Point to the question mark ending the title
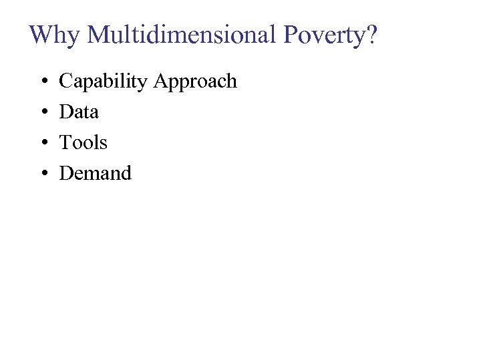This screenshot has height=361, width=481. coord(371,35)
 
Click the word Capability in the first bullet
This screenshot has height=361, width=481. coord(104,82)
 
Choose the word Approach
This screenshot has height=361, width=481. coord(195,82)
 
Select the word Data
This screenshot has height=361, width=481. coord(79,112)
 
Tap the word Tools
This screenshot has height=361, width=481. coord(84,142)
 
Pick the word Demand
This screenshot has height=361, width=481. coord(96,173)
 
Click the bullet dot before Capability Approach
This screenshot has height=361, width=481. coord(43,82)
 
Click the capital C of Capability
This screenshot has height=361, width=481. coord(66,82)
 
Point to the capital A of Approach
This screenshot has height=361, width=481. coord(161,82)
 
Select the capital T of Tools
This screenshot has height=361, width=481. coord(65,142)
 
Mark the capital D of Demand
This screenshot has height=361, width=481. coord(66,173)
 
